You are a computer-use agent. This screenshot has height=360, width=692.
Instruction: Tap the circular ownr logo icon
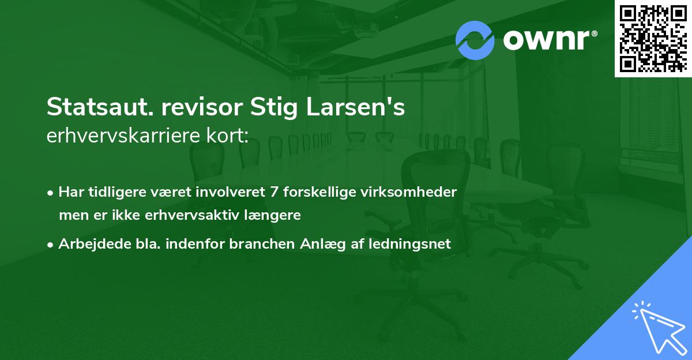pos(475,40)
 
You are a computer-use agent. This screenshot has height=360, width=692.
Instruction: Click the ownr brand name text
pos(550,40)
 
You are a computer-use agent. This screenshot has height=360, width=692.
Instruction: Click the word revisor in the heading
pos(192,108)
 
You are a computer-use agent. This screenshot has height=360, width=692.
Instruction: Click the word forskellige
pos(321,192)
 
